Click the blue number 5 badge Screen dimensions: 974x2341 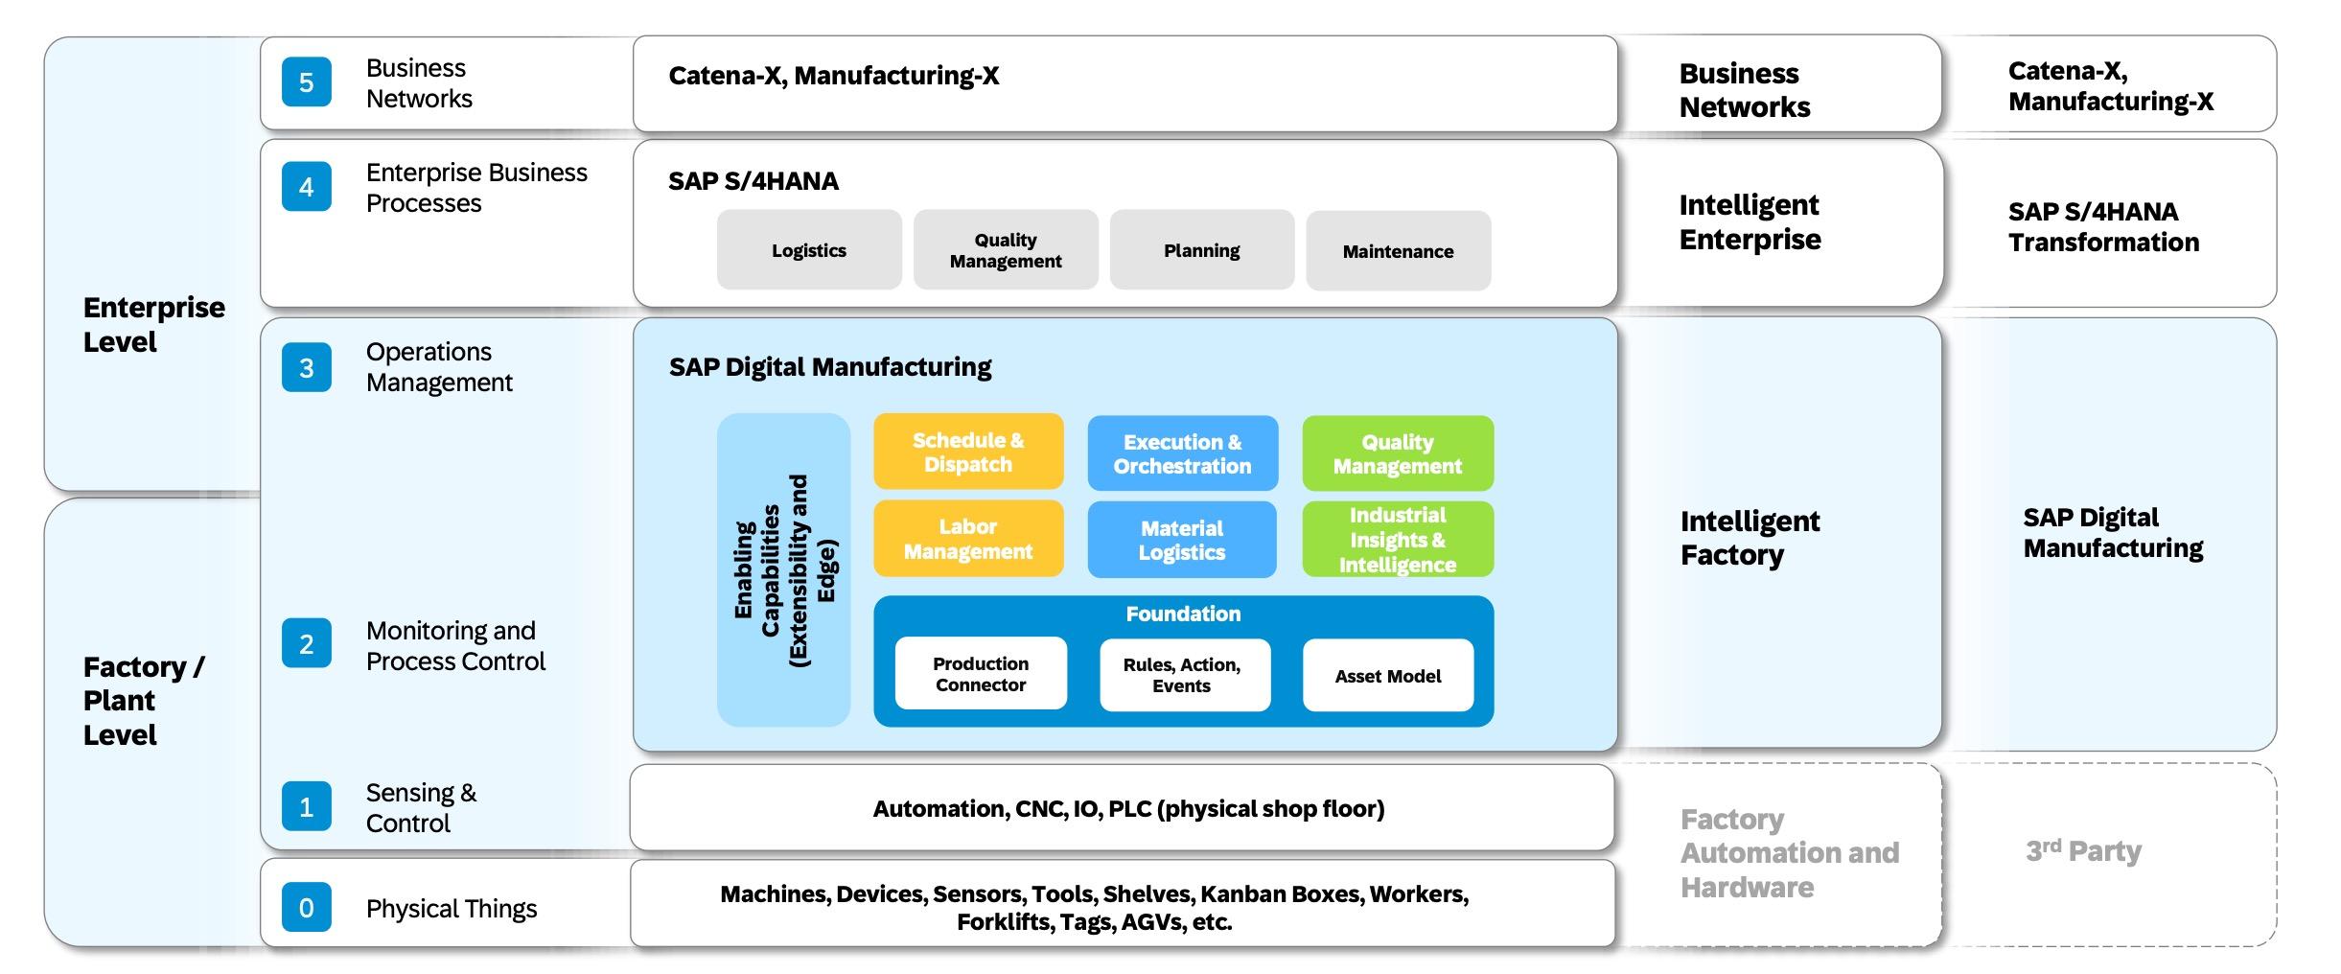click(x=306, y=82)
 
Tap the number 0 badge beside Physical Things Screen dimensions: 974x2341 click(x=306, y=908)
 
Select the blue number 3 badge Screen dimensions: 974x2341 click(x=306, y=368)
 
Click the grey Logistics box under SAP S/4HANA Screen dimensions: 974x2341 click(x=809, y=250)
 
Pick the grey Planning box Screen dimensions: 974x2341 click(x=1201, y=250)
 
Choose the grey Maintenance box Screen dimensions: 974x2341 click(x=1398, y=251)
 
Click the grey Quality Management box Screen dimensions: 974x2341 click(x=1006, y=250)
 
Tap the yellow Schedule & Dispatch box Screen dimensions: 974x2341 click(x=968, y=452)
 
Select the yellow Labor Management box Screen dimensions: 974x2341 click(x=968, y=539)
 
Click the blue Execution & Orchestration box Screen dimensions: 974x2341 click(x=1182, y=453)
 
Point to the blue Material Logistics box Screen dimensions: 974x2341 click(x=1182, y=540)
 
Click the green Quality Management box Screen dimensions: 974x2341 click(x=1397, y=453)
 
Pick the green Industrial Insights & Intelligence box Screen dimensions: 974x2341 click(x=1397, y=540)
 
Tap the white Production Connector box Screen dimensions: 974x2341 click(x=981, y=674)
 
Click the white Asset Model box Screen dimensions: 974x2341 click(x=1387, y=676)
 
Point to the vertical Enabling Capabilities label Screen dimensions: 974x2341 click(x=784, y=570)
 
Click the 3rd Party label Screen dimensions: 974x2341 click(x=2083, y=851)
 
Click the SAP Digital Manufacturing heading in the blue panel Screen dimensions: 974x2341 click(x=830, y=367)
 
